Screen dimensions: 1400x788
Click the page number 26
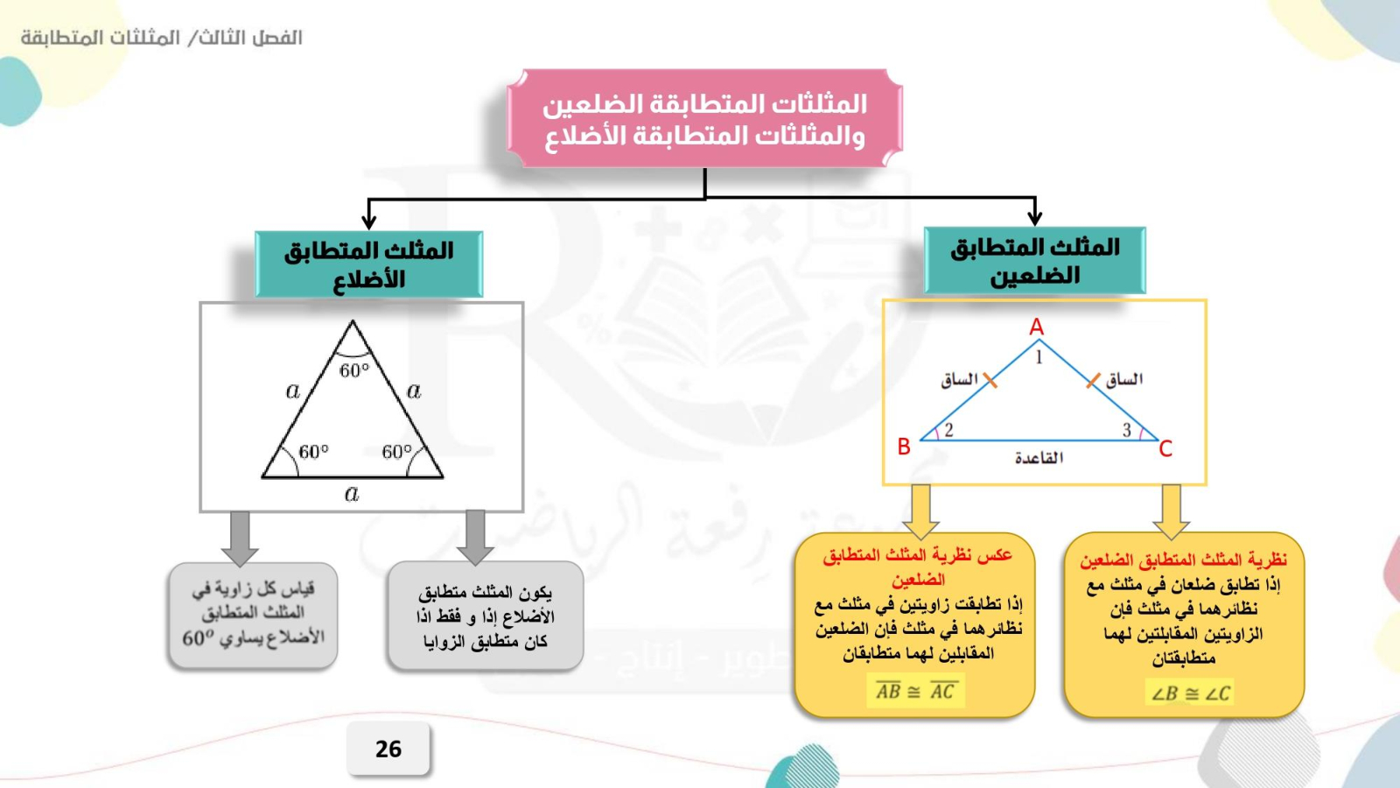pos(388,749)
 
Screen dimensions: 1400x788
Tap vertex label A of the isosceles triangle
pos(1036,327)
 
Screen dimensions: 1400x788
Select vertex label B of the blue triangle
pos(904,447)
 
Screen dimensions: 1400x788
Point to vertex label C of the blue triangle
pos(1165,449)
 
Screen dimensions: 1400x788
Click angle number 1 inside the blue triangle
pos(1039,357)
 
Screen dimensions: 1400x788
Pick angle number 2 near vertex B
pos(948,430)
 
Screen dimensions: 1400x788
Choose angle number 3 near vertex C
pos(1126,430)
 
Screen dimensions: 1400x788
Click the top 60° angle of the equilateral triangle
pos(354,371)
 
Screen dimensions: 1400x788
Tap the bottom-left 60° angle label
pos(314,452)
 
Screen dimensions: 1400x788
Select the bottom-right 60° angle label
pos(397,452)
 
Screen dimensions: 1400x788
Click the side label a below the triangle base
pos(352,494)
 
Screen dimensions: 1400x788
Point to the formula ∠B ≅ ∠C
pos(1190,693)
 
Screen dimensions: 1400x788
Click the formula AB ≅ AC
pos(915,691)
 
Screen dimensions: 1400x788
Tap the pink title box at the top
pos(704,118)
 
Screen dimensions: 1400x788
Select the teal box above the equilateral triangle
pos(368,264)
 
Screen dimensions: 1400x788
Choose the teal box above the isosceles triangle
pos(1035,260)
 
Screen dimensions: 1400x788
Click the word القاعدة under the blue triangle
pos(1039,459)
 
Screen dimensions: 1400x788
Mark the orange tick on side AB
pos(990,380)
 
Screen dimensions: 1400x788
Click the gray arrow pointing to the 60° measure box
pos(240,538)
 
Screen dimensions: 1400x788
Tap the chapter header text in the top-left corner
pos(161,38)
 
